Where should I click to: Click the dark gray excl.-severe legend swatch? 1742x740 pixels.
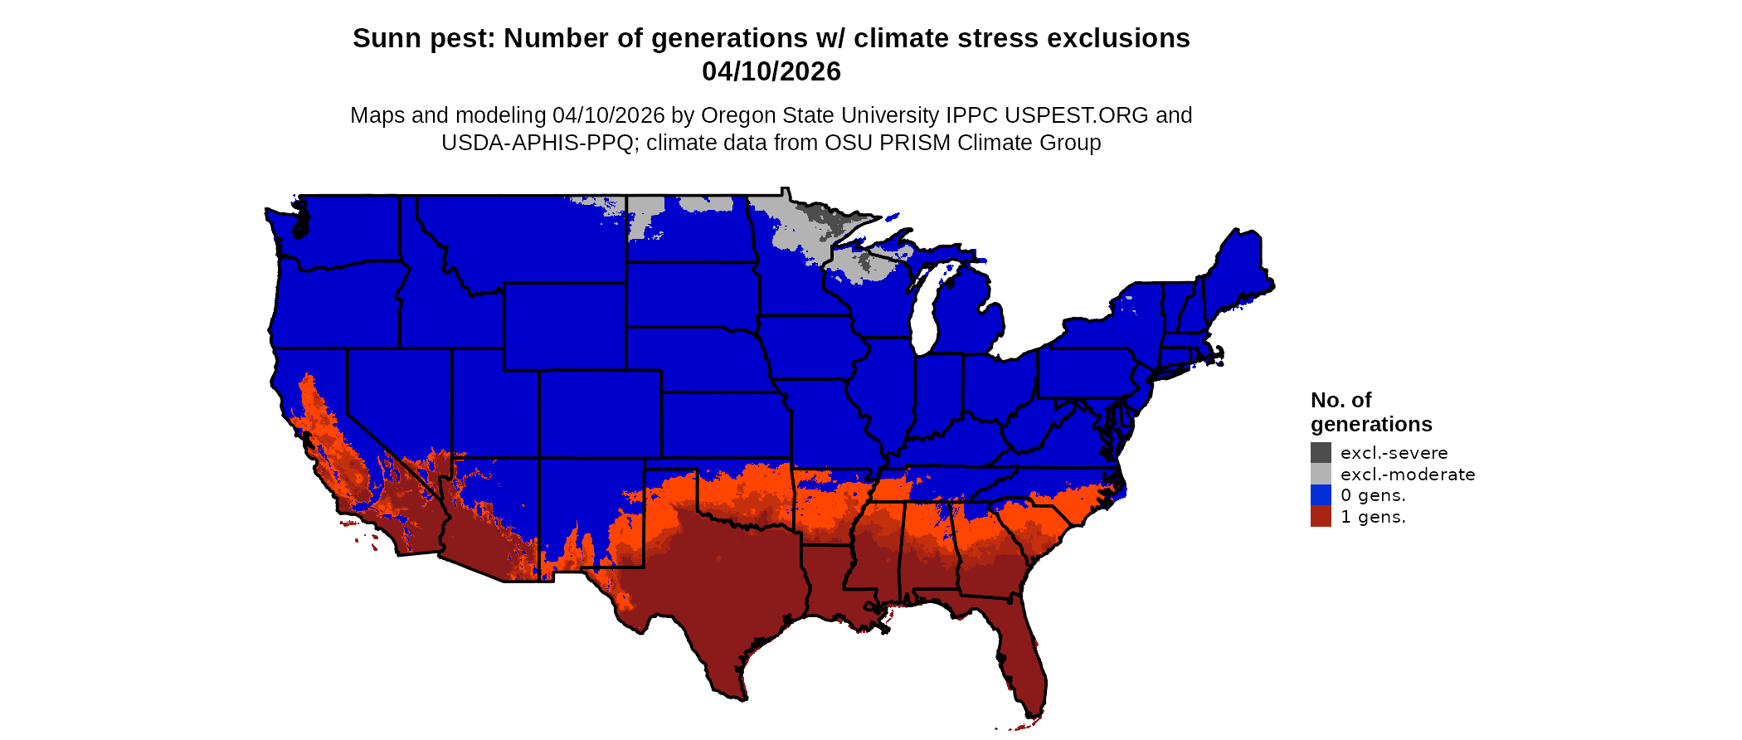pos(1321,453)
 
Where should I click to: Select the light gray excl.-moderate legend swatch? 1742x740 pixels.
pos(1321,475)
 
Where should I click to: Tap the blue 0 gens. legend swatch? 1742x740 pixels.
pos(1321,495)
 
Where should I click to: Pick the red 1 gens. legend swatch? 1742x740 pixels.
pos(1321,517)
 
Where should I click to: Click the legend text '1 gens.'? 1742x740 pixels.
pos(1373,517)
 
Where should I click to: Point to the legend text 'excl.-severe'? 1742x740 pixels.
pos(1394,453)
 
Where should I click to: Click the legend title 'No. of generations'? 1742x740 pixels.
pos(1370,412)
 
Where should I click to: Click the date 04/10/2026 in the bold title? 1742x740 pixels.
pos(771,71)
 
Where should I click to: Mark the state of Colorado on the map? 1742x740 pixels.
pos(600,413)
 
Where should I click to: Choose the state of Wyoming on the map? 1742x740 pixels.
pos(564,326)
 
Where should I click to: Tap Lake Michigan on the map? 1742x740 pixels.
pos(926,311)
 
